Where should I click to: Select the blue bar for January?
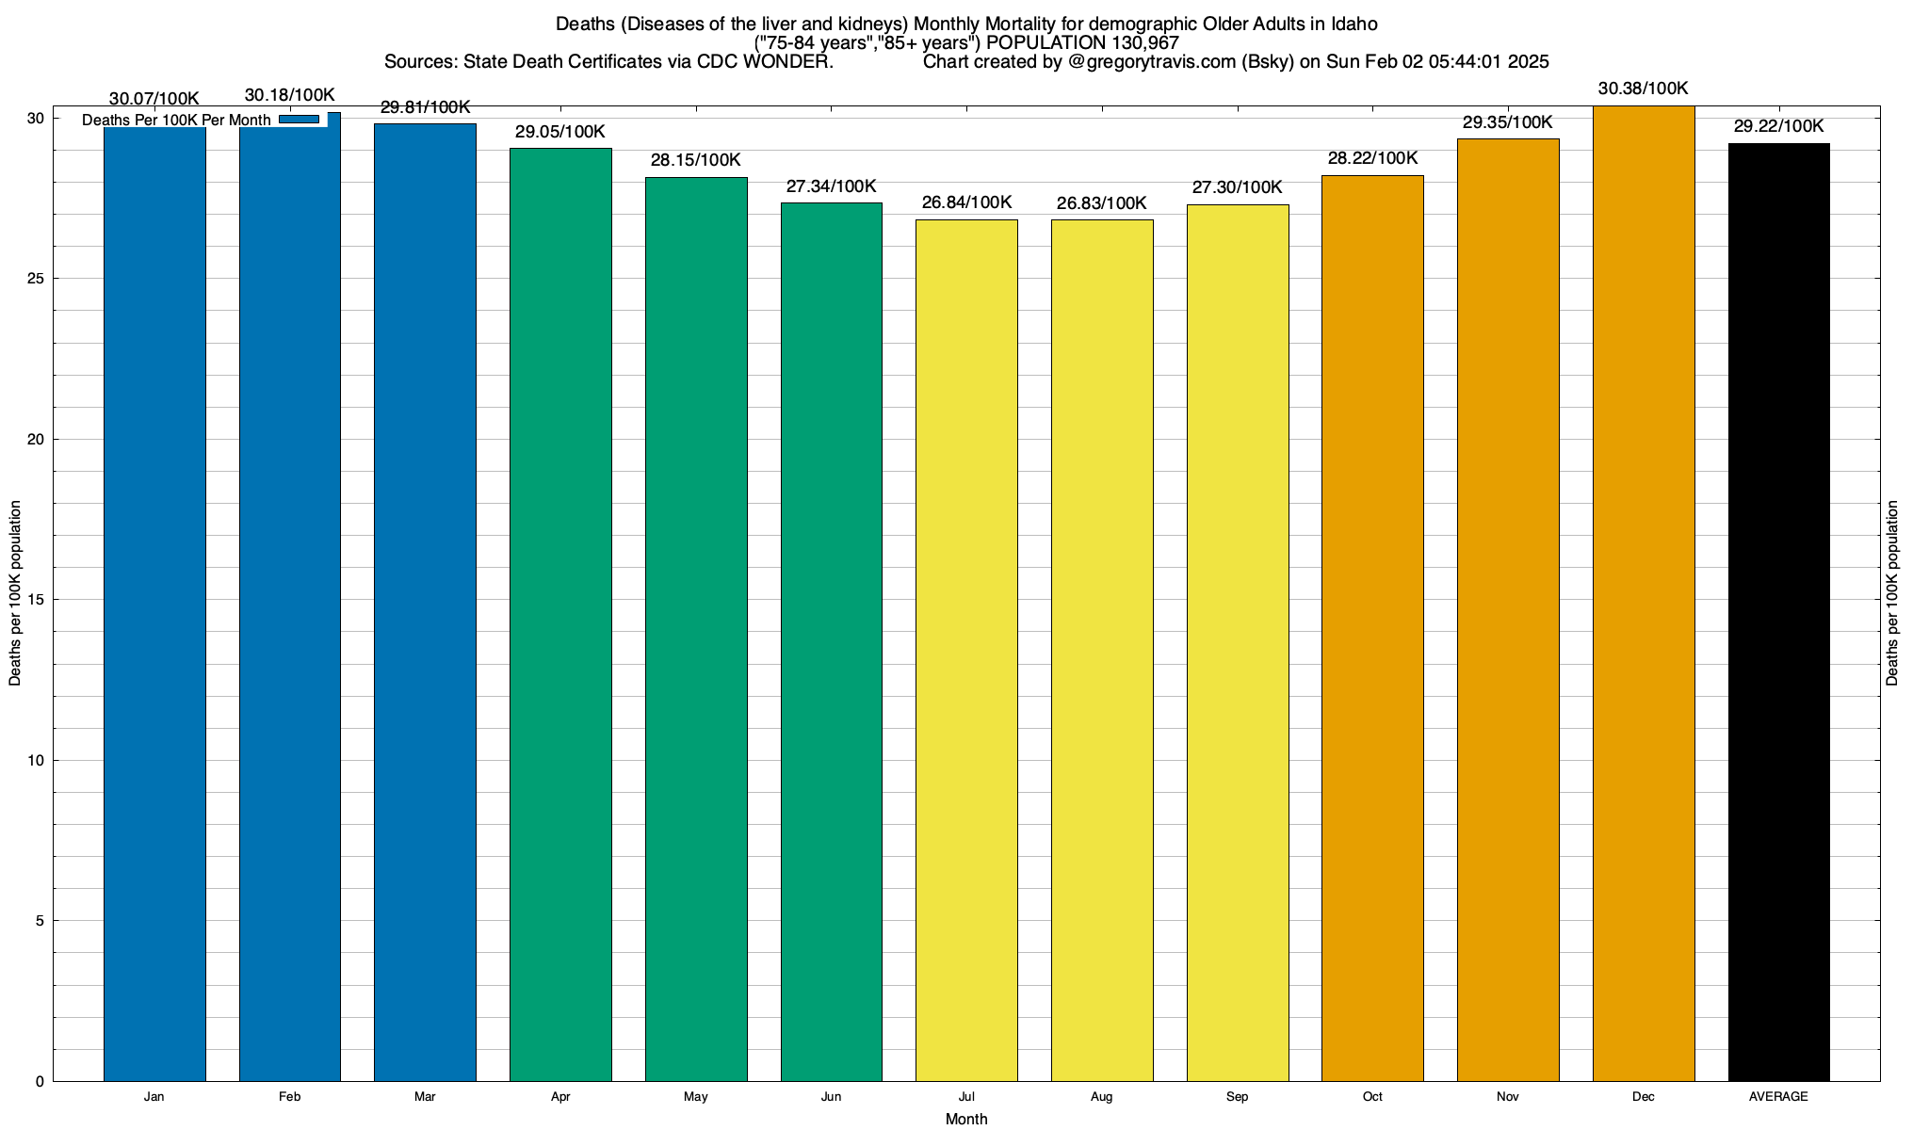154,603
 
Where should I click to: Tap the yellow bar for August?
1102,650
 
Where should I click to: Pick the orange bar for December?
1644,593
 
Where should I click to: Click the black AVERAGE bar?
1778,612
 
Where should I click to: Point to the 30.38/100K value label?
1644,89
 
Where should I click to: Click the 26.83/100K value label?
1102,203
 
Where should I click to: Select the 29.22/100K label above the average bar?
1778,126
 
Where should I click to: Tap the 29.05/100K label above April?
560,132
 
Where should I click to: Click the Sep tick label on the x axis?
1238,1097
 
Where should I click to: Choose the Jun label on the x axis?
831,1097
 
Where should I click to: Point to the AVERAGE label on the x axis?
1778,1097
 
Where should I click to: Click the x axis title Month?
966,1119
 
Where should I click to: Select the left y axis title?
15,593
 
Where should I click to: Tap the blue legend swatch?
300,120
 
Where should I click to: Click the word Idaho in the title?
1354,24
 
